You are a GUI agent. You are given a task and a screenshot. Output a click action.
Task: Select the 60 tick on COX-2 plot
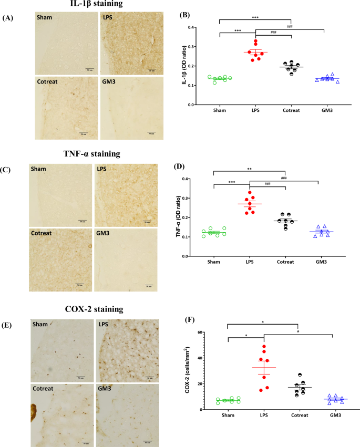tap(214, 332)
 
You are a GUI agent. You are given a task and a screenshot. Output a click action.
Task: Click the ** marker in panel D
tap(249, 170)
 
